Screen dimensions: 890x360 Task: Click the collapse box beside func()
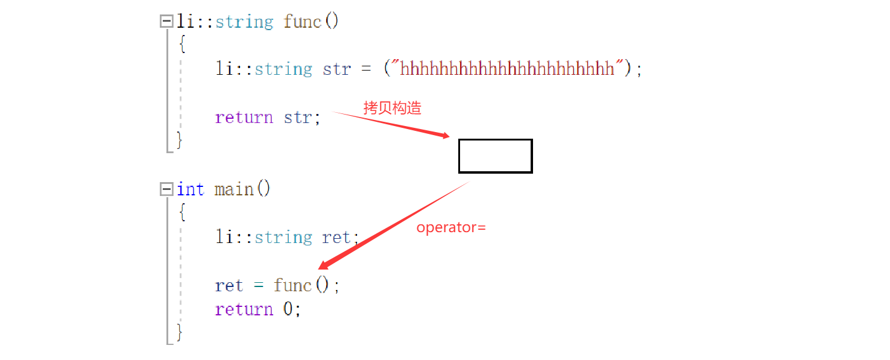[166, 22]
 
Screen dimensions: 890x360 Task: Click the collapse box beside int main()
[166, 189]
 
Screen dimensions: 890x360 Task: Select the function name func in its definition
[302, 22]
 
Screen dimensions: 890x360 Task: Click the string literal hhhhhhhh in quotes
[507, 69]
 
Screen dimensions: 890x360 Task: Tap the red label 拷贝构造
[392, 108]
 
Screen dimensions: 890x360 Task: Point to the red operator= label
[451, 227]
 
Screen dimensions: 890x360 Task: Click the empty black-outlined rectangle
[495, 156]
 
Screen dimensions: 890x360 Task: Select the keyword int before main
[191, 189]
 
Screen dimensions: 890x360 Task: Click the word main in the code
[234, 189]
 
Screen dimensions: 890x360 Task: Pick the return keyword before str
[244, 117]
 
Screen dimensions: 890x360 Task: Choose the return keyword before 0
[244, 309]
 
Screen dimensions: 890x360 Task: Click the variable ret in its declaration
[336, 237]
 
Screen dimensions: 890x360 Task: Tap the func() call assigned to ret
[301, 285]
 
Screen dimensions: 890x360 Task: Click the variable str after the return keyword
[298, 117]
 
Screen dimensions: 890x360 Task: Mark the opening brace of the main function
[182, 213]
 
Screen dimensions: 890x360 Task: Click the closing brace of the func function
[179, 140]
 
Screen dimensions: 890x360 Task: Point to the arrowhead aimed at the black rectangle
[445, 136]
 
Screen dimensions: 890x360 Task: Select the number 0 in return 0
[288, 309]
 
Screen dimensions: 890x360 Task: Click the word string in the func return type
[244, 22]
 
